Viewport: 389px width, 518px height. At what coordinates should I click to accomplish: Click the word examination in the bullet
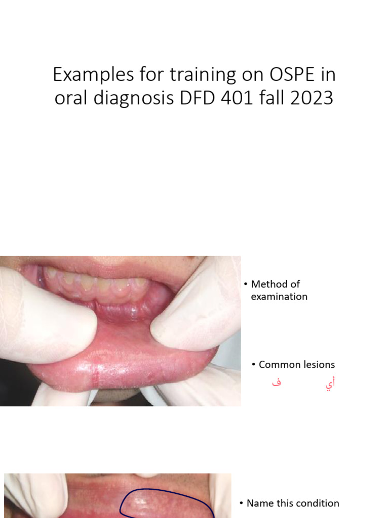tap(279, 296)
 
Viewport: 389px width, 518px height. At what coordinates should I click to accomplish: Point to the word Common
tap(277, 365)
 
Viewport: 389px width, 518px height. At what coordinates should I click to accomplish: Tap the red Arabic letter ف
tap(276, 383)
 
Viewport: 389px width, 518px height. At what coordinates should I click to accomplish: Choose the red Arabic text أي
tap(330, 384)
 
